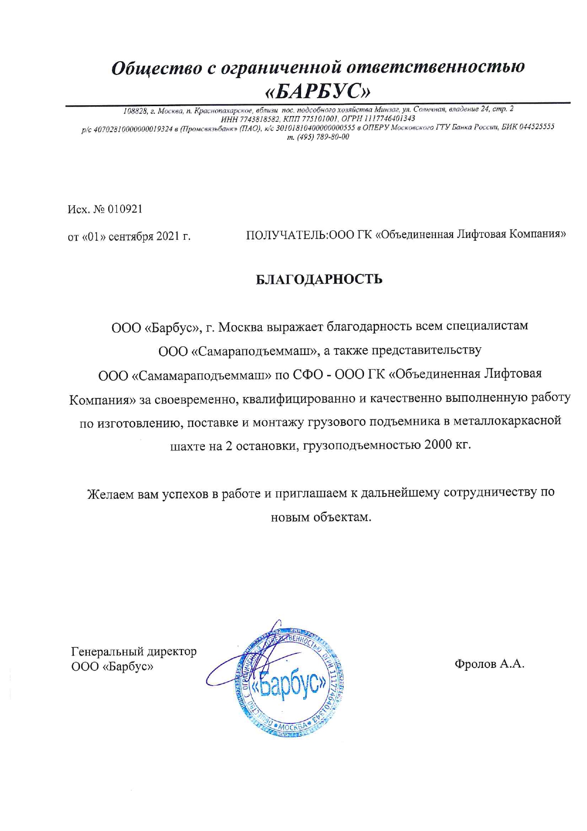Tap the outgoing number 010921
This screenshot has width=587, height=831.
125,209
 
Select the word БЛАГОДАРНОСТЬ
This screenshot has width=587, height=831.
319,280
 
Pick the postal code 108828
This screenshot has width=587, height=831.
134,111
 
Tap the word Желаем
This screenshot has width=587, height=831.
111,494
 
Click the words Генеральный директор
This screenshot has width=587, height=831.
133,652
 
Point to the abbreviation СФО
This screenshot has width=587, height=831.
308,374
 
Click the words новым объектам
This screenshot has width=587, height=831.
321,517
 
